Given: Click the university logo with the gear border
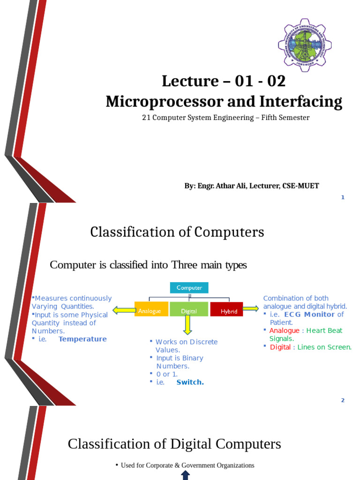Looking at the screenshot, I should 305,45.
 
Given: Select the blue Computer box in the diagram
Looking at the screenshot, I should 189,288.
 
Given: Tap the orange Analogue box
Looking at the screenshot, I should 150,310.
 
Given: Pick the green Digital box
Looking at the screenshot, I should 188,310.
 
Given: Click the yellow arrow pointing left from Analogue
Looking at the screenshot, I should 123,310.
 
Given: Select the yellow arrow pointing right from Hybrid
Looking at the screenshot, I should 251,308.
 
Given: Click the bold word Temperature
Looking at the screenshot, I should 82,339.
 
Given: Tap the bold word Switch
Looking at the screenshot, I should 190,382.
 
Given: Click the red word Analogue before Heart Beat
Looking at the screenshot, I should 284,330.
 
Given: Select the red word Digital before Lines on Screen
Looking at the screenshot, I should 280,347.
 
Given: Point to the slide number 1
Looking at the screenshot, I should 343,197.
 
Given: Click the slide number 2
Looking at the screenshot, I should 343,400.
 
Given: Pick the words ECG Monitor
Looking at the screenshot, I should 309,315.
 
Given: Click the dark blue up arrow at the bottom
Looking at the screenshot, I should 185,475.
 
